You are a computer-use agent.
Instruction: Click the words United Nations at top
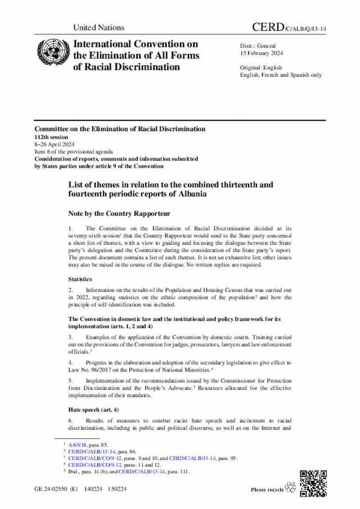click(98, 28)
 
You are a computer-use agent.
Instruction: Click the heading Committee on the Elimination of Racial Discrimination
click(119, 129)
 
